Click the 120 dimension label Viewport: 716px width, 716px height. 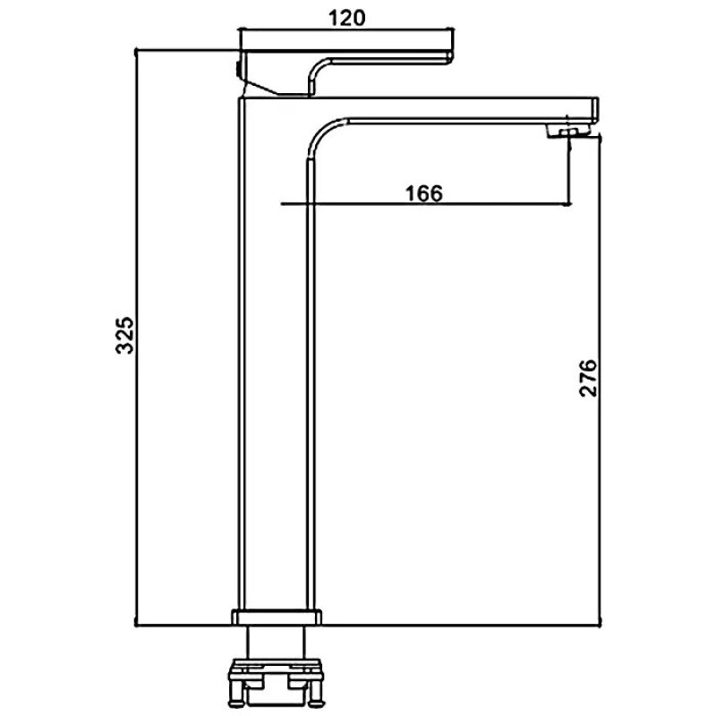[x=347, y=18]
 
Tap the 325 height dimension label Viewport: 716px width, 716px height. [x=124, y=335]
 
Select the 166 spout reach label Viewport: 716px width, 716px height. [x=424, y=193]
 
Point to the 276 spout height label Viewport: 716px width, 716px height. [x=588, y=378]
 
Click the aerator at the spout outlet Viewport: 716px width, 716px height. [x=569, y=132]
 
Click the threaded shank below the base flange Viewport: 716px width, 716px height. [x=276, y=642]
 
